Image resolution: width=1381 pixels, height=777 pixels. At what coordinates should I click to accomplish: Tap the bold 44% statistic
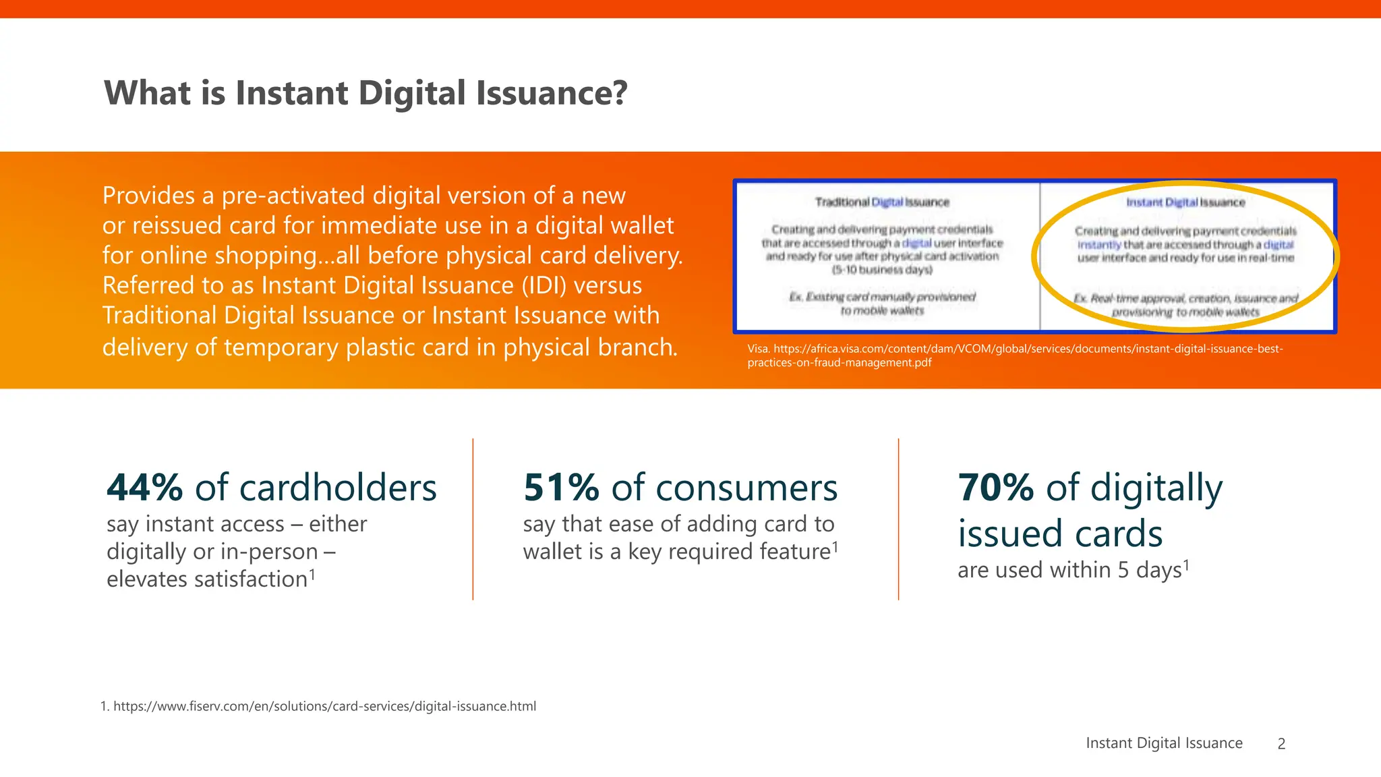144,488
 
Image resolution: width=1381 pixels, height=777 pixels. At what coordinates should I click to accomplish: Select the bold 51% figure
561,488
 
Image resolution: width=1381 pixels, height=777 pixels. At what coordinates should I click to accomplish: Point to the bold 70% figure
995,488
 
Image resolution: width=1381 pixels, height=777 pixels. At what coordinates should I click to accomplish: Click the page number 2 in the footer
1281,744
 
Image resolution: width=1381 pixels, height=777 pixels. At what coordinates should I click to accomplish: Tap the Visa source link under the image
1015,355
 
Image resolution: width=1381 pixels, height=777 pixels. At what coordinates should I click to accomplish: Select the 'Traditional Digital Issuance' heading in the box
881,202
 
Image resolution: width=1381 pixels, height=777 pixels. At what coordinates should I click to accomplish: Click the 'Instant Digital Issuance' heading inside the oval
1185,202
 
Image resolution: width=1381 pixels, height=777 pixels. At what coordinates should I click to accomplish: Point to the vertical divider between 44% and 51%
473,519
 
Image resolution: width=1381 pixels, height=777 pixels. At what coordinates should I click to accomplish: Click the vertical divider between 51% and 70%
898,519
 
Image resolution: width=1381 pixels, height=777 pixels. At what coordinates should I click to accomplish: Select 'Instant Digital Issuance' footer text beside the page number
1164,743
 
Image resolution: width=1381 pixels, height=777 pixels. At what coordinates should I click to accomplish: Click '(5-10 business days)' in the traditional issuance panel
881,270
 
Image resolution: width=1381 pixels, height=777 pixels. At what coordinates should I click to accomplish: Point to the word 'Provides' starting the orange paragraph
148,196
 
